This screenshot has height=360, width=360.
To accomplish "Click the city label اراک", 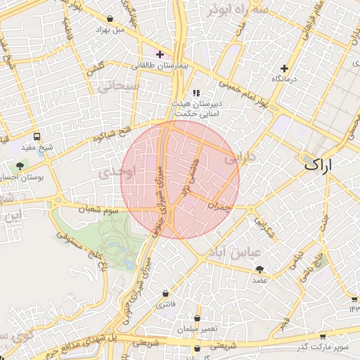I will (x=319, y=165).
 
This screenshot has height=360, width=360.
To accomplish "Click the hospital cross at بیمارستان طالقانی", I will (x=160, y=54).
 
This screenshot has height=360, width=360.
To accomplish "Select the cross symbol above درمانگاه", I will (x=284, y=68).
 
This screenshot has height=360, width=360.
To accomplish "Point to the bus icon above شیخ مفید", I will (x=36, y=136).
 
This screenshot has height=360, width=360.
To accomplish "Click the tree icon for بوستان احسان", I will (x=19, y=167).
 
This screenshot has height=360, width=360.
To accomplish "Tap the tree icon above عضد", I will (x=260, y=269).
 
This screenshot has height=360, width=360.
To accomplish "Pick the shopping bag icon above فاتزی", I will (x=165, y=293).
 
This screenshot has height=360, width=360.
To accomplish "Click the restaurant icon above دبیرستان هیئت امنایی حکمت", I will (x=195, y=92).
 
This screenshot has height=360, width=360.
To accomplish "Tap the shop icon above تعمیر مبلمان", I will (x=184, y=318).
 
